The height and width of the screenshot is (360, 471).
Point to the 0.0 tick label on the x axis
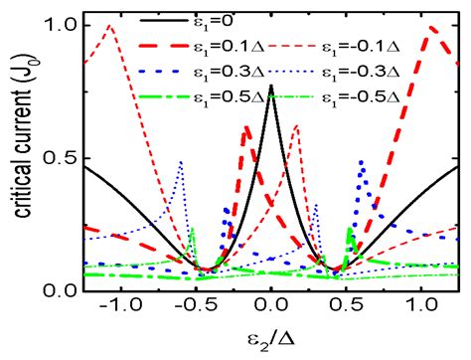(x=271, y=311)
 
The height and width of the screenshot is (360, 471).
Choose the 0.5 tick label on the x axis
(x=349, y=311)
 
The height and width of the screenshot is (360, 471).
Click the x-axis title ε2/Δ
(x=271, y=343)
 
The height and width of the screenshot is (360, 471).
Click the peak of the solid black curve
(x=271, y=86)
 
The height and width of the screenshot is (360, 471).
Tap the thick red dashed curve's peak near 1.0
(x=432, y=28)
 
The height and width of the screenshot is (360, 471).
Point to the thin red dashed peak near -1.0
(x=109, y=27)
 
